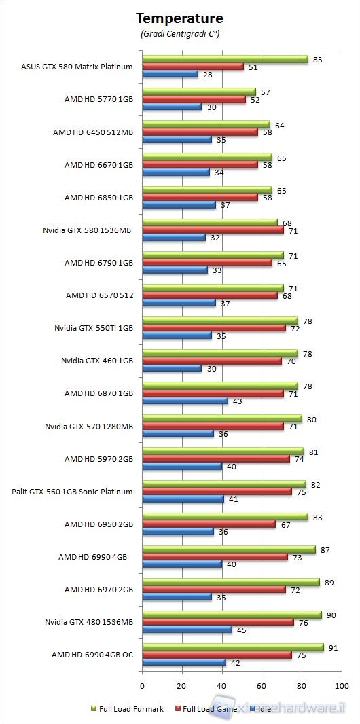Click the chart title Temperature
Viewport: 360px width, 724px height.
pos(179,18)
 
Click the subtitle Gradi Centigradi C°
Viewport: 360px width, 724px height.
pos(179,33)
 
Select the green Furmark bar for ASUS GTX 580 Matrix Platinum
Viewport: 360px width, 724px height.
pos(225,60)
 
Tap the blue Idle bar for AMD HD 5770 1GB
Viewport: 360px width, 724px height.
pos(172,107)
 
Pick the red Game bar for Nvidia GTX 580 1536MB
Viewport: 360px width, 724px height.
pos(213,230)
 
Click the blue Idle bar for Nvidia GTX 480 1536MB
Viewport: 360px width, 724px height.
pos(187,629)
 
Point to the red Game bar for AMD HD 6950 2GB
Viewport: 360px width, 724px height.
pos(209,524)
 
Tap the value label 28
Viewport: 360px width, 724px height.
pos(207,74)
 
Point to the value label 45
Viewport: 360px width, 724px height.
pos(241,629)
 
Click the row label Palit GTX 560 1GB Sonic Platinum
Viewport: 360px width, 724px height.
pos(72,491)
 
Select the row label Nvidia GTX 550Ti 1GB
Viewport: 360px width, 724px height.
pos(94,328)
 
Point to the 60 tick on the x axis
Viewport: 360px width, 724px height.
pos(262,684)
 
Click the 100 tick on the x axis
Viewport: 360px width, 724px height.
pos(342,684)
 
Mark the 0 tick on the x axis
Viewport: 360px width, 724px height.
pos(142,684)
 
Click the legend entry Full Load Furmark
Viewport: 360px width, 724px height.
pos(127,709)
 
